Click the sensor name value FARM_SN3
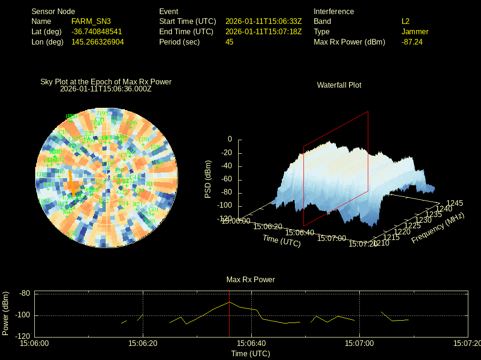point(91,21)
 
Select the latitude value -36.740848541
point(96,31)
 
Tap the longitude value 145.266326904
point(98,42)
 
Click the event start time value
point(263,21)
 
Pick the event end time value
point(263,31)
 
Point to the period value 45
point(229,42)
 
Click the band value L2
point(405,21)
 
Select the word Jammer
point(415,31)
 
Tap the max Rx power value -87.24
point(412,42)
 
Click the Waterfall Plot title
point(339,85)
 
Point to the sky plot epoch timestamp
point(106,88)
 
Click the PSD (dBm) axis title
point(208,179)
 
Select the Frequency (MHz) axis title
point(438,228)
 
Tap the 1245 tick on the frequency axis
point(455,203)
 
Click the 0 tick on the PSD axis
point(230,139)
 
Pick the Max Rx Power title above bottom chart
point(250,279)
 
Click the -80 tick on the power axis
point(24,293)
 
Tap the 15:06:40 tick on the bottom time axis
point(252,343)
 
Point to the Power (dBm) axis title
point(6,313)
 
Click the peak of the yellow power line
point(229,302)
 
